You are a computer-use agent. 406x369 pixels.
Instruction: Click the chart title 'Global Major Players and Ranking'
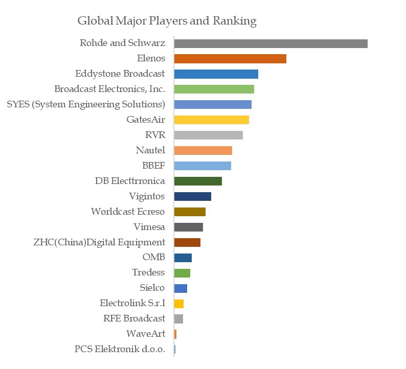coord(167,21)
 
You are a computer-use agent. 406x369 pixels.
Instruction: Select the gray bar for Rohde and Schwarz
coord(270,43)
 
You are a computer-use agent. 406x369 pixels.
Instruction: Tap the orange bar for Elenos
coord(230,59)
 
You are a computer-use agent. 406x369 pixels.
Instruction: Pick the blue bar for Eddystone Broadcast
coord(216,74)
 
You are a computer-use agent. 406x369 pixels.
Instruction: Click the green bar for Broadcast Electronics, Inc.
coord(214,89)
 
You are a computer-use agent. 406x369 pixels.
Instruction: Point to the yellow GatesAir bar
coord(211,120)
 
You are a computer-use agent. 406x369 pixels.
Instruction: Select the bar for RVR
coord(208,135)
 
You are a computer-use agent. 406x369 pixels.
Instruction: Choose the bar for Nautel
coord(203,151)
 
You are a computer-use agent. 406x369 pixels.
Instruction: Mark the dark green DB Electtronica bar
coord(198,181)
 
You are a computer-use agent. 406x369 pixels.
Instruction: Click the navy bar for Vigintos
coord(192,196)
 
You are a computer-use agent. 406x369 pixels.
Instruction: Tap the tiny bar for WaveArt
coord(175,334)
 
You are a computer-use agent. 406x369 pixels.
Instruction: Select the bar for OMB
coord(183,258)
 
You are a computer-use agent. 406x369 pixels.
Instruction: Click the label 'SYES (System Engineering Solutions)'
coord(86,105)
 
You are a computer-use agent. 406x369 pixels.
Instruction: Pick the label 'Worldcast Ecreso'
coord(128,212)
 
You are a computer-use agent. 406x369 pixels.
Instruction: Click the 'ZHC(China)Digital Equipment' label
coord(99,242)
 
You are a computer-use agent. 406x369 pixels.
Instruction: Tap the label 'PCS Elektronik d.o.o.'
coord(120,350)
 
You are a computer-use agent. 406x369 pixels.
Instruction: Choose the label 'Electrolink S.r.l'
coord(132,304)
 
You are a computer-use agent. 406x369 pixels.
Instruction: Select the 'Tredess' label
coord(148,273)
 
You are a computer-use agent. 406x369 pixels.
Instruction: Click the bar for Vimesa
coord(188,227)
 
